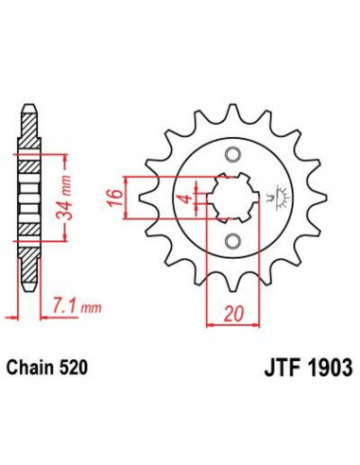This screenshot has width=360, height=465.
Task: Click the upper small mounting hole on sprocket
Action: [x=231, y=154]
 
